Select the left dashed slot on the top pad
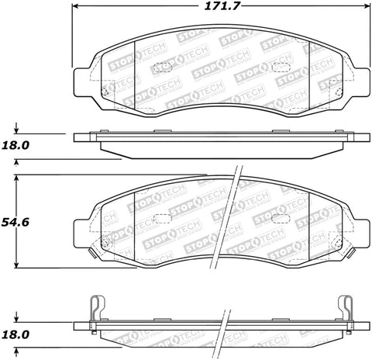point(162,67)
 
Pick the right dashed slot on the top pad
point(283,67)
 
